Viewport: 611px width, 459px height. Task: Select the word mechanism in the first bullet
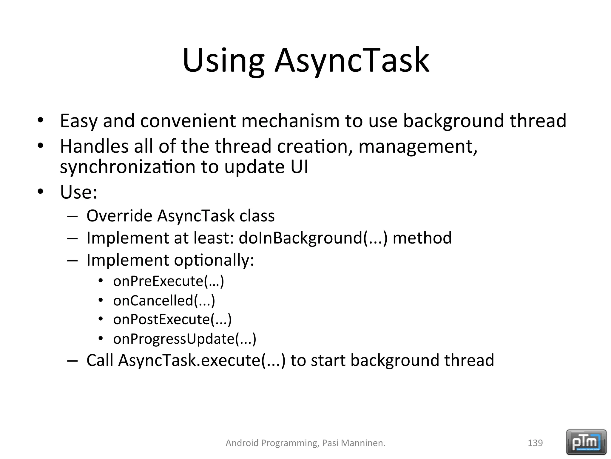pos(290,121)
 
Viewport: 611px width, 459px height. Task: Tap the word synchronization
pos(128,167)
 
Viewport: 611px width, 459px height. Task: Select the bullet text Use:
pos(78,192)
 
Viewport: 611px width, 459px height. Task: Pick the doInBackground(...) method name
pos(313,238)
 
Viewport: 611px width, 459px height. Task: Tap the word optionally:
pos(214,260)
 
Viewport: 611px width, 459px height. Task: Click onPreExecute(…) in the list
pos(169,281)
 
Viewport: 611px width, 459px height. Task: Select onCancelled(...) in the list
pos(164,301)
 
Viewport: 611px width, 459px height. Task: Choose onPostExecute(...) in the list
pos(172,320)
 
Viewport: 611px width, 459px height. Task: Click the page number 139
pos(535,443)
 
